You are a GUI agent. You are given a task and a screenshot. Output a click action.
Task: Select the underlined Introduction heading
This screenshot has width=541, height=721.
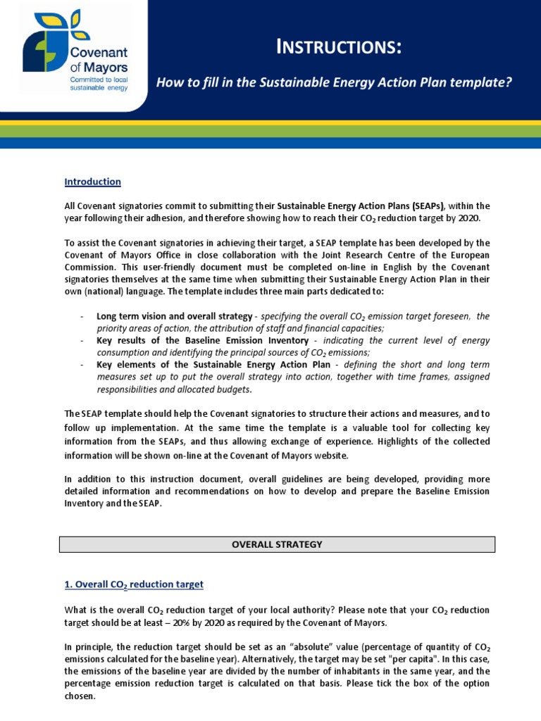(x=93, y=182)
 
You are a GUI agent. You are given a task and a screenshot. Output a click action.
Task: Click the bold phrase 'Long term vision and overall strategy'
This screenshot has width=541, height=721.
(x=174, y=316)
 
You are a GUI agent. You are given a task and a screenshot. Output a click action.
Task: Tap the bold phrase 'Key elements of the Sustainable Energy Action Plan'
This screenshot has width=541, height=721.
(x=211, y=365)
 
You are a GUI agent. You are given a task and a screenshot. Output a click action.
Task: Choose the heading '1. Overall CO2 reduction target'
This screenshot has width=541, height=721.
(x=134, y=584)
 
